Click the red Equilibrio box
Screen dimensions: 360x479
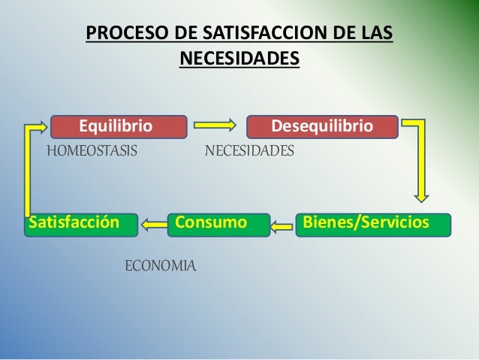[x=118, y=126]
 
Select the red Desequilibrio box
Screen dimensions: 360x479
[x=322, y=126]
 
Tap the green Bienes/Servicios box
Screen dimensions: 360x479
[x=375, y=224]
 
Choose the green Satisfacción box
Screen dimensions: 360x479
[x=81, y=224]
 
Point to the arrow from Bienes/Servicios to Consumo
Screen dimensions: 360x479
[x=283, y=224]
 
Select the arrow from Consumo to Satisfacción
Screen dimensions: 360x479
[x=155, y=223]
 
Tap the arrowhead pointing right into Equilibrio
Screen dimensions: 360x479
[x=42, y=126]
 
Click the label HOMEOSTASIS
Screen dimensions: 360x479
[x=92, y=151]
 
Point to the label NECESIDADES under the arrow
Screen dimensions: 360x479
[x=250, y=151]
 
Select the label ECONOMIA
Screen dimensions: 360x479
[x=159, y=265]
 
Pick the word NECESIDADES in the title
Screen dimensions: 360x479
[x=239, y=59]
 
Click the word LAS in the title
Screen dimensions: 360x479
[x=378, y=35]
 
